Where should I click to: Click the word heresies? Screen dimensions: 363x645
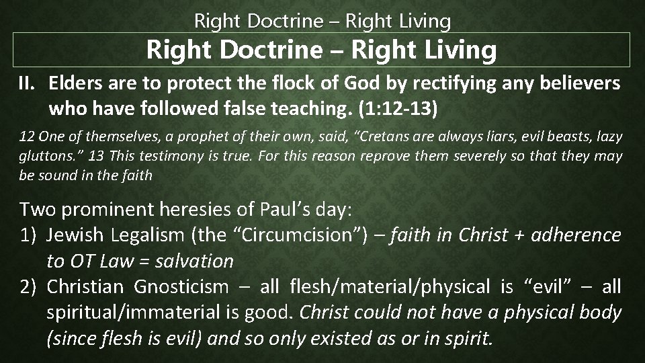[x=199, y=209]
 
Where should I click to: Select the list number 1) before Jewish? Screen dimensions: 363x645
[x=30, y=235]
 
